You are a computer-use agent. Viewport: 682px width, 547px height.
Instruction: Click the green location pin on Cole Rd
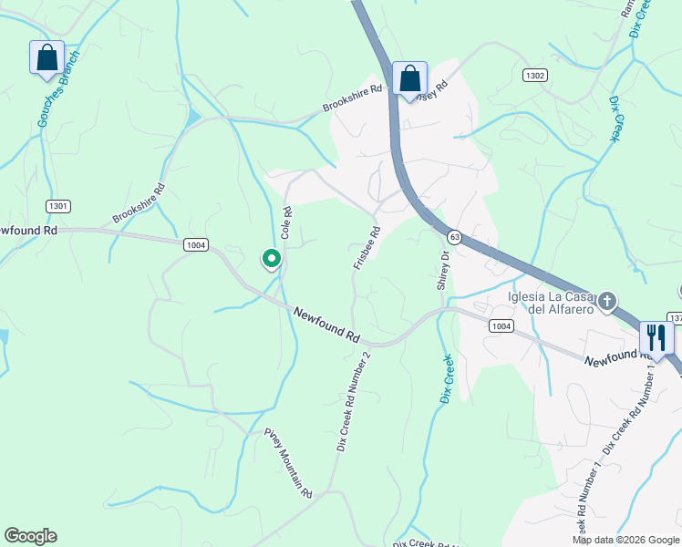coord(271,260)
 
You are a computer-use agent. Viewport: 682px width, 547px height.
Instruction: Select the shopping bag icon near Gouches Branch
coord(46,58)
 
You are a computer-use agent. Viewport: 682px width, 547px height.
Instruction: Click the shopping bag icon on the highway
coord(409,78)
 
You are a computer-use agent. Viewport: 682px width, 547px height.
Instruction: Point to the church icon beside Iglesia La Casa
coord(607,301)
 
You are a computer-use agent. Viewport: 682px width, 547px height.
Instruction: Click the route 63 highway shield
coord(453,237)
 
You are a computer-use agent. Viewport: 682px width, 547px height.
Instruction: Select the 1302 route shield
coord(534,76)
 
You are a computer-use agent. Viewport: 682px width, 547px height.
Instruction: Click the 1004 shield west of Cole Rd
coord(195,244)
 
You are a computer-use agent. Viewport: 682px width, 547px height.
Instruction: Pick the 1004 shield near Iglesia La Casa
coord(500,325)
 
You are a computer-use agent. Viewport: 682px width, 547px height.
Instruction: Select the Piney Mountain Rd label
coord(288,462)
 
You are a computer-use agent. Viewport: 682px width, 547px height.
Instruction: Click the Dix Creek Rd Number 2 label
coord(354,401)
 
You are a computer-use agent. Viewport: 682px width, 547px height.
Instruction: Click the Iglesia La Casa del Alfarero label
coord(552,303)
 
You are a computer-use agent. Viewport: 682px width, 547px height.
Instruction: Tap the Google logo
coord(30,536)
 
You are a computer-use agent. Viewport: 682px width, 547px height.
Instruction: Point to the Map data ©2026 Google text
coord(625,540)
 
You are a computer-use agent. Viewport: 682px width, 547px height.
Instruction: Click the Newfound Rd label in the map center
coord(327,325)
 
